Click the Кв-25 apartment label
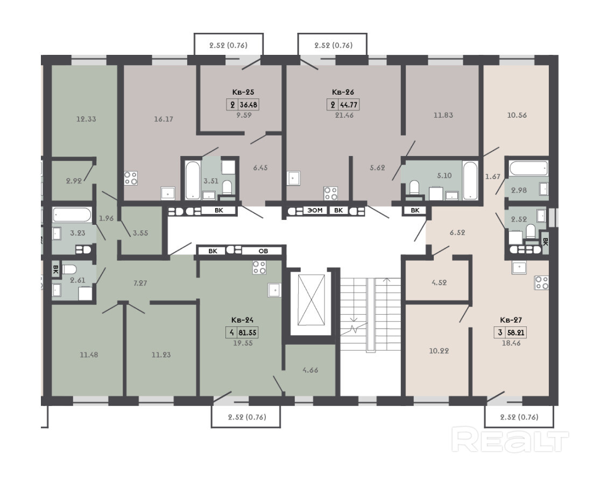[243, 92]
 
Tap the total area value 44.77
[349, 105]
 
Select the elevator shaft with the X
[311, 300]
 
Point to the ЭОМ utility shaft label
[315, 210]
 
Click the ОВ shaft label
[263, 251]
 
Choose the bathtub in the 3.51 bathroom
[193, 180]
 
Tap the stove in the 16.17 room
[130, 178]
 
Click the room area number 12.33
[86, 119]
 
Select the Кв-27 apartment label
[511, 320]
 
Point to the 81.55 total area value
[248, 332]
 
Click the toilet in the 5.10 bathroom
[414, 188]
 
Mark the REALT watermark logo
[510, 440]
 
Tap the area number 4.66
[310, 370]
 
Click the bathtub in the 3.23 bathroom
[72, 215]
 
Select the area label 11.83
[443, 115]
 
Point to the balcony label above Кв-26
[333, 46]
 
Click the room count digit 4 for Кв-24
[231, 332]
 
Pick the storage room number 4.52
[439, 283]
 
